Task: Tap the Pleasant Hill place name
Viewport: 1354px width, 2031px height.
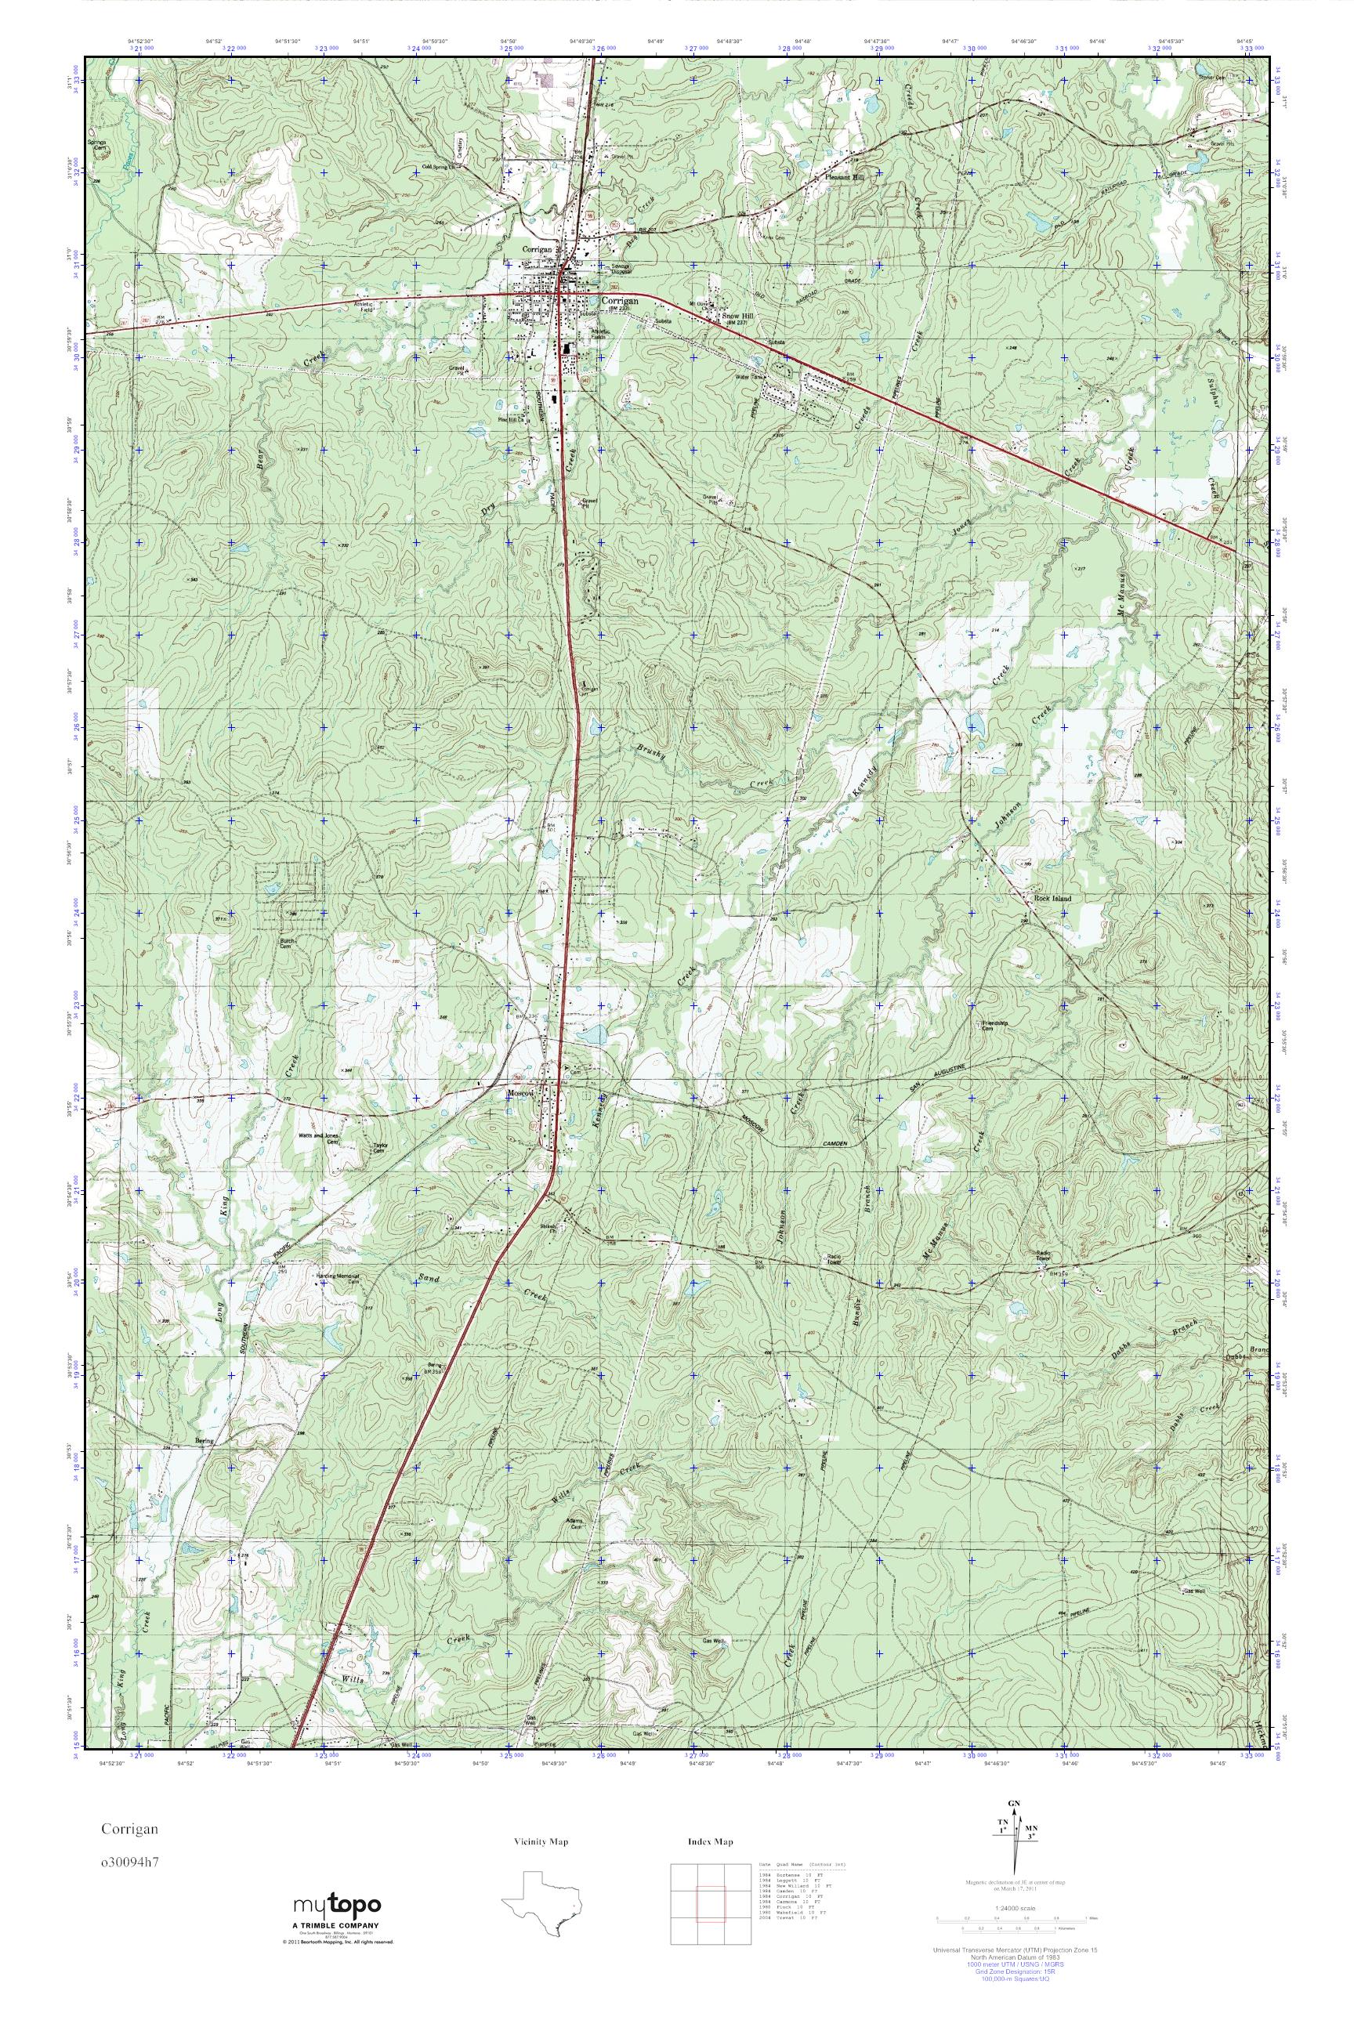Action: (845, 176)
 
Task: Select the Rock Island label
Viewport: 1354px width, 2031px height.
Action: (1052, 898)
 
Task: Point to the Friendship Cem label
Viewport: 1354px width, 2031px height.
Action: (996, 1025)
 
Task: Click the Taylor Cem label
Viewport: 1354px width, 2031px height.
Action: (378, 1149)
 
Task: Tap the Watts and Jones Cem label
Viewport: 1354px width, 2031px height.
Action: (319, 1138)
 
